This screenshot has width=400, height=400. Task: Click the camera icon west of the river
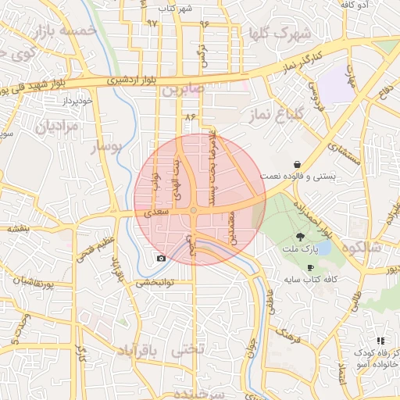(x=161, y=258)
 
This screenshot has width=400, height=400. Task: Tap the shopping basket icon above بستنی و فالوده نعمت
(x=298, y=164)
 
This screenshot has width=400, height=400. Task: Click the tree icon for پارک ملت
(x=301, y=237)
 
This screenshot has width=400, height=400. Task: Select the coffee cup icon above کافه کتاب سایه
(x=311, y=267)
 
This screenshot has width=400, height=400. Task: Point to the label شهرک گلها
(x=277, y=34)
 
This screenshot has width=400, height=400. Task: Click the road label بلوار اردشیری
(x=117, y=80)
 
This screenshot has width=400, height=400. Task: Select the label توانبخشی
(x=155, y=282)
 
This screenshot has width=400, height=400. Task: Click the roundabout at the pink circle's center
(x=193, y=211)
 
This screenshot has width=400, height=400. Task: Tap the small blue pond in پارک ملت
(x=323, y=248)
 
